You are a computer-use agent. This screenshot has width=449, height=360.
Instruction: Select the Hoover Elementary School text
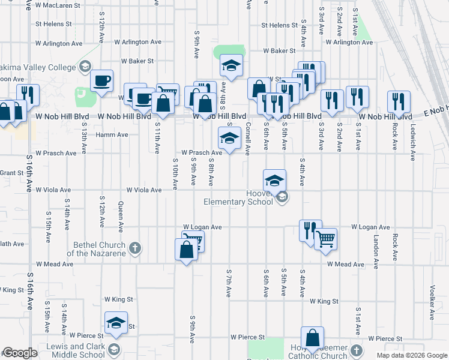point(238,197)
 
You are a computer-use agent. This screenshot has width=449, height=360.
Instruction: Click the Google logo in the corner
point(20,353)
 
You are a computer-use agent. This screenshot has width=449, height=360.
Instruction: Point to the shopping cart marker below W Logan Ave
point(325,238)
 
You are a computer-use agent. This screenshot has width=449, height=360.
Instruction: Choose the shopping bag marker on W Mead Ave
point(186,250)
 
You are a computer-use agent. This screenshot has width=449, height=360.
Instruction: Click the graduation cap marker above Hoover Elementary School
point(274,180)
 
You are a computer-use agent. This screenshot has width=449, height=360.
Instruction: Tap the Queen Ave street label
point(121,217)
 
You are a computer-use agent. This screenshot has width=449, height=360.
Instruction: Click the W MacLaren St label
point(58,5)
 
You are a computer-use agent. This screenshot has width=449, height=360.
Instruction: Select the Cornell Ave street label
point(247,139)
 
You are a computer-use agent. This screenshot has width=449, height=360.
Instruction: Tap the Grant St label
point(12,173)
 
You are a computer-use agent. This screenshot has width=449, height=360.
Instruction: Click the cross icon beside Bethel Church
point(136,248)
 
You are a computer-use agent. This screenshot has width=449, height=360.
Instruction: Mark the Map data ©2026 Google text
point(411,355)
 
